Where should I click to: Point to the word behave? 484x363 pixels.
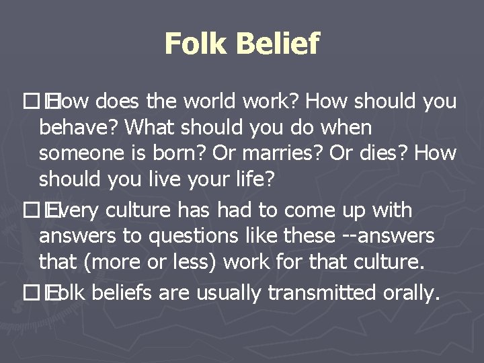coord(79,128)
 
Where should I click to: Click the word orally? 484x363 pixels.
coord(409,293)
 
